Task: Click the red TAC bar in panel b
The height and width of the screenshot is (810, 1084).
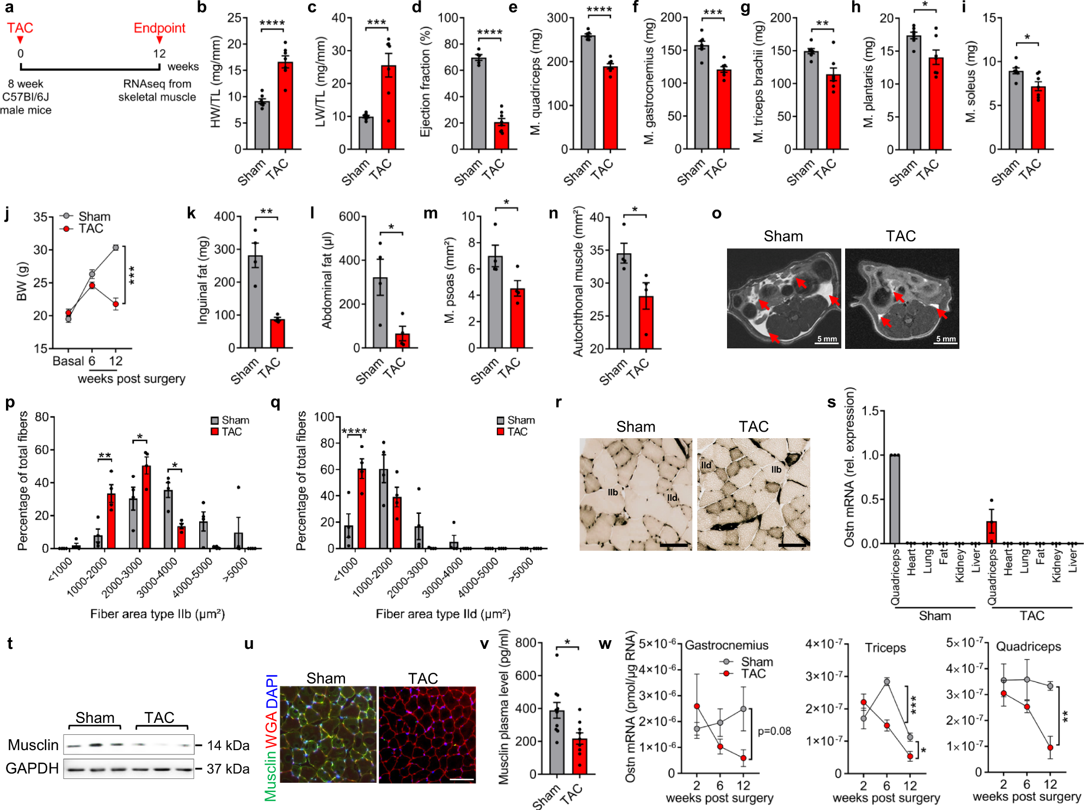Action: (285, 106)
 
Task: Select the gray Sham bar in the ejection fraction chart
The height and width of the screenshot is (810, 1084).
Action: (478, 103)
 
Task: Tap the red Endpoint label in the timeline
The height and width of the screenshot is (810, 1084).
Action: (159, 28)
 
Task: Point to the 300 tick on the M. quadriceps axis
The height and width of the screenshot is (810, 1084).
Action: (557, 18)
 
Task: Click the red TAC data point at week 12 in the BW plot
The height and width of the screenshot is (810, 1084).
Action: (116, 304)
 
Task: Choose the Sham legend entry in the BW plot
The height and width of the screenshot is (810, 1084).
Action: (94, 217)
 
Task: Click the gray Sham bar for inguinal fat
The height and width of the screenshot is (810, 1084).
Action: (255, 302)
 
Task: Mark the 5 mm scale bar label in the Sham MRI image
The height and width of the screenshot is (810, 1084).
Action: (827, 339)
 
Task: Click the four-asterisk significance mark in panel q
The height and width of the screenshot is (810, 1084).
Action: (354, 432)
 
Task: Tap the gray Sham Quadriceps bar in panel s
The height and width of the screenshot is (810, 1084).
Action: (895, 499)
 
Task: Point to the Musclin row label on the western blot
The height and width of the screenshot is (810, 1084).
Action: (33, 745)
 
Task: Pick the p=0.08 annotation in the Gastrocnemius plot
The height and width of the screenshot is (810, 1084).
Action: (774, 731)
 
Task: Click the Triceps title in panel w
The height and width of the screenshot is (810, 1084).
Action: (885, 648)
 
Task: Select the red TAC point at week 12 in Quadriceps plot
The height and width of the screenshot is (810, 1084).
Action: (1050, 748)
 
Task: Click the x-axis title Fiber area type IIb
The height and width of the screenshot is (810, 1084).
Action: (157, 614)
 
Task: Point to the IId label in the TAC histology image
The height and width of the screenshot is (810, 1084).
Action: (706, 465)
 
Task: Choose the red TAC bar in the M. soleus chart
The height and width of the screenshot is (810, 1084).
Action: (1038, 118)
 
